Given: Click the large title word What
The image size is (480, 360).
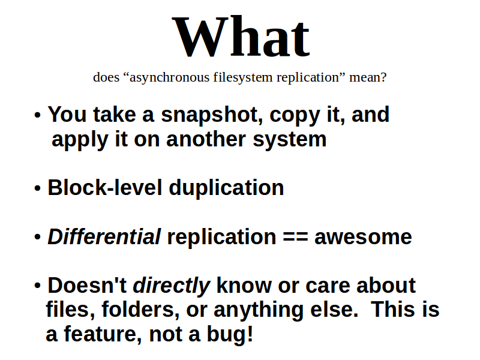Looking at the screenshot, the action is pos(241,37).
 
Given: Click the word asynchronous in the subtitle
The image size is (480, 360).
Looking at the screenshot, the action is pos(170,78).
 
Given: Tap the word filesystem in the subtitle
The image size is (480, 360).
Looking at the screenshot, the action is pos(243,78).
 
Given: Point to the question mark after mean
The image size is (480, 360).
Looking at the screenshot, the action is pos(383,77).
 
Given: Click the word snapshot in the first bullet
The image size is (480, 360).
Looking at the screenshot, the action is pos(212,115).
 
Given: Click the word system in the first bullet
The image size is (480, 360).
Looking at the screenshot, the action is pos(290,140).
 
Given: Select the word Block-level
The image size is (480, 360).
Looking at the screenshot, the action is pos(104,187).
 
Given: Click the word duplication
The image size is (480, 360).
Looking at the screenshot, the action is pos(227,188).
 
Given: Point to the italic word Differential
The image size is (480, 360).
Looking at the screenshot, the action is pos(104,236).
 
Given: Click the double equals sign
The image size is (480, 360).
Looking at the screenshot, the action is pos(295,237).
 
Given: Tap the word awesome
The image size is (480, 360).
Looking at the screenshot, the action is pos(363,238).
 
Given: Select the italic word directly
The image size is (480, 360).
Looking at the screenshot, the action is pos(172,286).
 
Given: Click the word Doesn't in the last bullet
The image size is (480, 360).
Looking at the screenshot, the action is pos(87,286).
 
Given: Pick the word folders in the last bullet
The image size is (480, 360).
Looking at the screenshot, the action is pos(140,310).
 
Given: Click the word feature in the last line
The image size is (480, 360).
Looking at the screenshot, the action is pos(103,334).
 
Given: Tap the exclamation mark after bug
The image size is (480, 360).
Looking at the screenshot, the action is pos(250,334).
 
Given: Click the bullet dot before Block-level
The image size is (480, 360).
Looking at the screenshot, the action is pos(37,188).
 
